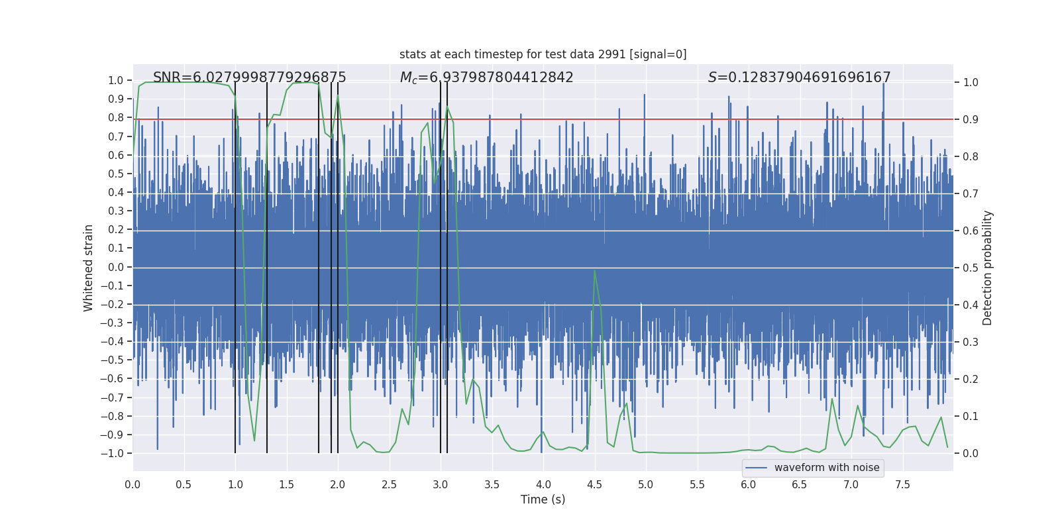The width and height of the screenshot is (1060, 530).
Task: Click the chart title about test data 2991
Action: coord(543,54)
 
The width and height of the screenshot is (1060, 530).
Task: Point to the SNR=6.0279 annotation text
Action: coord(249,78)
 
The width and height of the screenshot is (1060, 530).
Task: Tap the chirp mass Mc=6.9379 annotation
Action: coord(486,78)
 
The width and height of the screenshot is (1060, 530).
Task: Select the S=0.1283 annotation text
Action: coord(799,78)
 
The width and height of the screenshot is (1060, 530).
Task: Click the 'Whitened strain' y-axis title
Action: coord(89,268)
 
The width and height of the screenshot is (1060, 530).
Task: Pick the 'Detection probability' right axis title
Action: coord(988,268)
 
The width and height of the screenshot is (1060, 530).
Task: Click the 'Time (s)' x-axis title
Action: coord(543,500)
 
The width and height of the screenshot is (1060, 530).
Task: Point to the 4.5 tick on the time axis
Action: coord(594,484)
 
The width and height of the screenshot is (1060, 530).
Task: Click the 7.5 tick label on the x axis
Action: coord(902,484)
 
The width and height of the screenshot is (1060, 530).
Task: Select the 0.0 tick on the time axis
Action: coord(132,484)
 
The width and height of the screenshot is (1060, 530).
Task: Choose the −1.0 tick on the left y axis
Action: coord(111,453)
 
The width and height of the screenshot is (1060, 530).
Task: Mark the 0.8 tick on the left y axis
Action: coord(116,118)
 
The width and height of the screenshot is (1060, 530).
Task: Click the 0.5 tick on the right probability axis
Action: coord(971,268)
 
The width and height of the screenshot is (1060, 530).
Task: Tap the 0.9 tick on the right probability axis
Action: coord(971,119)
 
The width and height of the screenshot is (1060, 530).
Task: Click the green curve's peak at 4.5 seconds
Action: coord(594,270)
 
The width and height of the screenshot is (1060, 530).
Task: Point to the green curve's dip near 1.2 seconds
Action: coord(254,440)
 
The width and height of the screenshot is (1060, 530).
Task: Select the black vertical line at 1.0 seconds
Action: coord(235,265)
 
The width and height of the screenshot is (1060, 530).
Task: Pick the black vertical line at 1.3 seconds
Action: coord(267,265)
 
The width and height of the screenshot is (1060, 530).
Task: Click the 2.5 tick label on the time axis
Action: coord(389,484)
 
